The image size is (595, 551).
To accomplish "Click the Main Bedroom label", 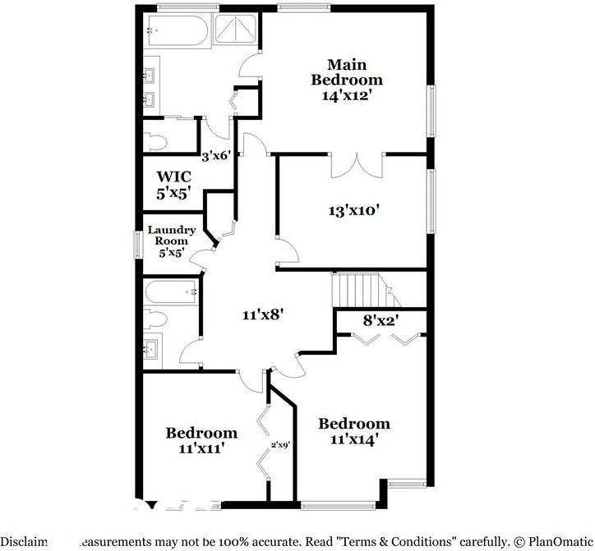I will coord(346,71).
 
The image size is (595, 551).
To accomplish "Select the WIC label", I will coord(174,176).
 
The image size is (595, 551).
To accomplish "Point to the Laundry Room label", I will coord(172,236).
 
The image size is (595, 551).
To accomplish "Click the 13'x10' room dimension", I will coord(353,210).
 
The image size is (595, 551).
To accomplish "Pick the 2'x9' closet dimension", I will coord(281,447).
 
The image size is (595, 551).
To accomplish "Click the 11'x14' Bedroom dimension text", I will coord(354,439).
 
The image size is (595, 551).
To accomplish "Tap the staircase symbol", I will coord(358,289).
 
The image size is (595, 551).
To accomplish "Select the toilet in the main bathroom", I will coord(155,141).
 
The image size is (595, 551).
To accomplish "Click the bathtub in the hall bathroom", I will coord(171,292).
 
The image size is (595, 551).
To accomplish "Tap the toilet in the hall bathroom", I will coord(155,319).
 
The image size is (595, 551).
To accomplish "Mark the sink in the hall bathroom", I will coord(151,348).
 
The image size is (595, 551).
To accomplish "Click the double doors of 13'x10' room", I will coord(357,164).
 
